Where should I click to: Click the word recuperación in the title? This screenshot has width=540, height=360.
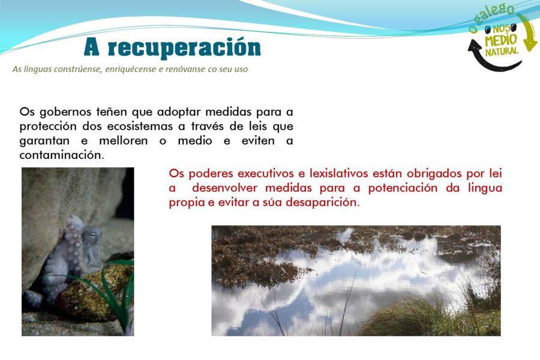(x=184, y=47)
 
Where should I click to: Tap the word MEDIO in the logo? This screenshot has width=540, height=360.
(x=501, y=40)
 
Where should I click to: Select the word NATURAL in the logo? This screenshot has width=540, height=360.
(x=502, y=52)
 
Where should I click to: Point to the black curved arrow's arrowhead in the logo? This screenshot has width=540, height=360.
(x=475, y=46)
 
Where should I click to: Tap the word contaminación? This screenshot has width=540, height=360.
(x=62, y=155)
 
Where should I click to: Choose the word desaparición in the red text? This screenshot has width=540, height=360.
(x=323, y=202)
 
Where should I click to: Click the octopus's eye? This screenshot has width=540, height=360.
(x=92, y=234)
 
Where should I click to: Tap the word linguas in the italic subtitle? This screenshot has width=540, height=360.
(x=38, y=69)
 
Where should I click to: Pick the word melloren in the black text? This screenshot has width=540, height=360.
(x=123, y=140)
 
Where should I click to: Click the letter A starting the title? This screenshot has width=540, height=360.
(x=92, y=47)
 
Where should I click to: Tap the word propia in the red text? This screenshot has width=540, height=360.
(x=187, y=203)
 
